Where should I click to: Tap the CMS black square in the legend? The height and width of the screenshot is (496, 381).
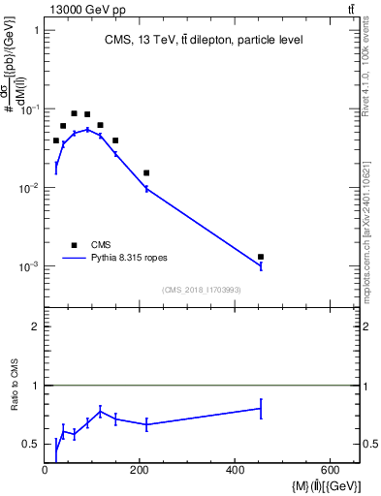coord(74,245)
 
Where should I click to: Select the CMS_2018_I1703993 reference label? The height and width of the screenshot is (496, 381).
coord(201,290)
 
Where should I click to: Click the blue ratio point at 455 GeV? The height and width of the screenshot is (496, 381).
coord(262,409)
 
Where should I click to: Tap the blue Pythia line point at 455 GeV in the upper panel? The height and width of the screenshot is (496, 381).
coord(262,266)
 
